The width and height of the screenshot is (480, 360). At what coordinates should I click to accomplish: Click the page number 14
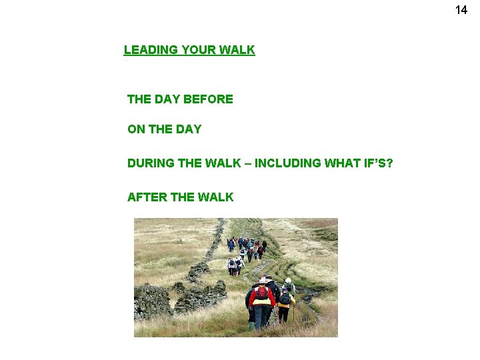pyautogui.click(x=461, y=10)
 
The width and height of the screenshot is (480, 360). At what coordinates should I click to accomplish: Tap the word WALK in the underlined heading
pyautogui.click(x=239, y=50)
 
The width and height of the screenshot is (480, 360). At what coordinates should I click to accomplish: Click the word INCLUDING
pyautogui.click(x=287, y=163)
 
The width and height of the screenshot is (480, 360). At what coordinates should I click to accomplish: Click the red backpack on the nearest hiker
pyautogui.click(x=262, y=293)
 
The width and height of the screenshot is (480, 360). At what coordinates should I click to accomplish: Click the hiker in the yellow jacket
pyautogui.click(x=285, y=303)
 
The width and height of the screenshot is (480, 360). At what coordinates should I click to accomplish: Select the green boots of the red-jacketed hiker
pyautogui.click(x=252, y=326)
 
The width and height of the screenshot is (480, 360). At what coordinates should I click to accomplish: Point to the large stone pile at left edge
pyautogui.click(x=152, y=301)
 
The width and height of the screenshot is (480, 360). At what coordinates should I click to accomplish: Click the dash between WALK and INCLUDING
pyautogui.click(x=248, y=163)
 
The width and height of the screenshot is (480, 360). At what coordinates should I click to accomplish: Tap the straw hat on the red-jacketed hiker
pyautogui.click(x=263, y=280)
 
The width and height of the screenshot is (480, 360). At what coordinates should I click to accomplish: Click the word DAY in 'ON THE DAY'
pyautogui.click(x=189, y=129)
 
